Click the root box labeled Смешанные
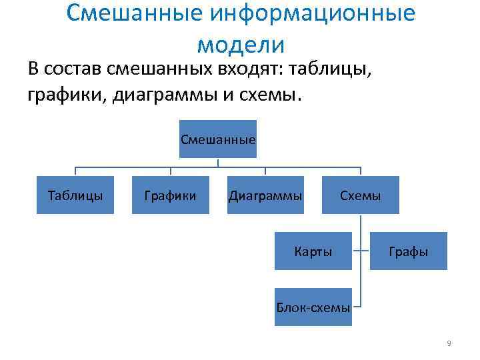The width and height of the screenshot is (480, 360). pos(218,139)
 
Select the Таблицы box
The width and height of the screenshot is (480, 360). pos(75,195)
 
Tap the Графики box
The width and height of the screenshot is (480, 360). pos(170,195)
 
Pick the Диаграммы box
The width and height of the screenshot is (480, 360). pos(265,195)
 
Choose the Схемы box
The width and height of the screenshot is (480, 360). pos(360,195)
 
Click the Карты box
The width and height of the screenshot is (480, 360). pos(313,251)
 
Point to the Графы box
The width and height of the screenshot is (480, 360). pos(408,251)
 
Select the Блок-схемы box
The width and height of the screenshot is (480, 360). pos(313,307)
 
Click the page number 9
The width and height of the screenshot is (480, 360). pos(449,343)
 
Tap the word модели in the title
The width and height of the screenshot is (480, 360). pos(241,45)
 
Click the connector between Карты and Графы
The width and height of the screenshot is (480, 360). pos(361,252)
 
